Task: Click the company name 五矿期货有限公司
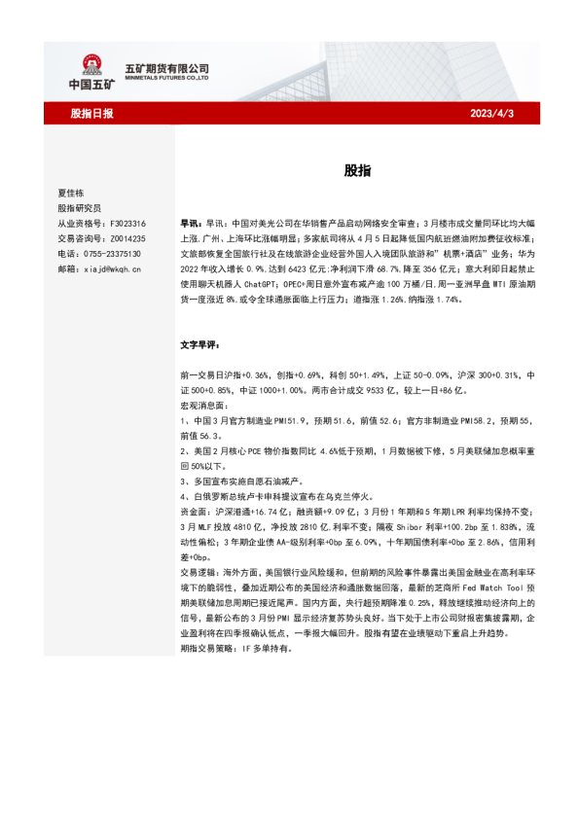[167, 67]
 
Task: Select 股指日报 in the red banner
[91, 114]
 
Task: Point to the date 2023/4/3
[491, 114]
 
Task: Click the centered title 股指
[356, 169]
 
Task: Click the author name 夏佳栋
[72, 193]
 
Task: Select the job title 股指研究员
[79, 207]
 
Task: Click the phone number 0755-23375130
[110, 252]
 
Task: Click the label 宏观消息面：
[203, 404]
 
